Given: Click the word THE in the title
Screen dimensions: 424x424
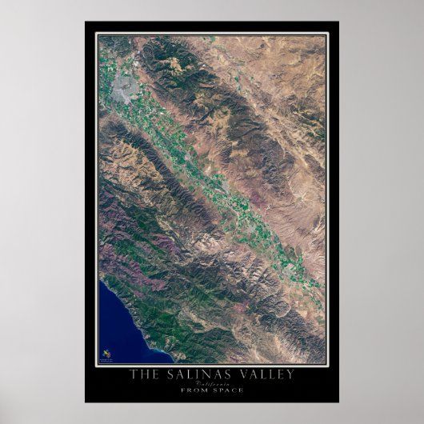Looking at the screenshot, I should tap(145, 374).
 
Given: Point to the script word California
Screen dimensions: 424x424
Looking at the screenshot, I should tap(211, 383).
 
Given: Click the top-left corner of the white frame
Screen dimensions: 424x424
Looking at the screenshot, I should tap(96, 33).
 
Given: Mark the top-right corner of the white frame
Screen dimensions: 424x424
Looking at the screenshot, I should tap(328, 33).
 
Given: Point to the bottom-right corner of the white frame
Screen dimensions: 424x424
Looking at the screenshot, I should tap(328, 366).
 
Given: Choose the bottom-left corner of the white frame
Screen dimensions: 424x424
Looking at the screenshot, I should tap(96, 366).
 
